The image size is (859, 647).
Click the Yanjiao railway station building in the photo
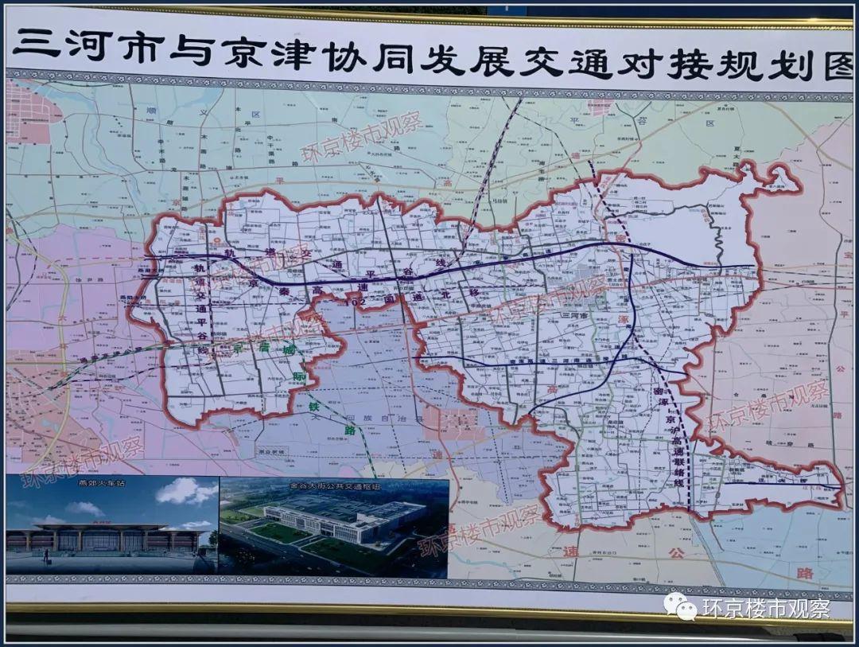click(103, 538)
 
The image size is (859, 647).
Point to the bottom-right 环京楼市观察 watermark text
click(765, 609)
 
